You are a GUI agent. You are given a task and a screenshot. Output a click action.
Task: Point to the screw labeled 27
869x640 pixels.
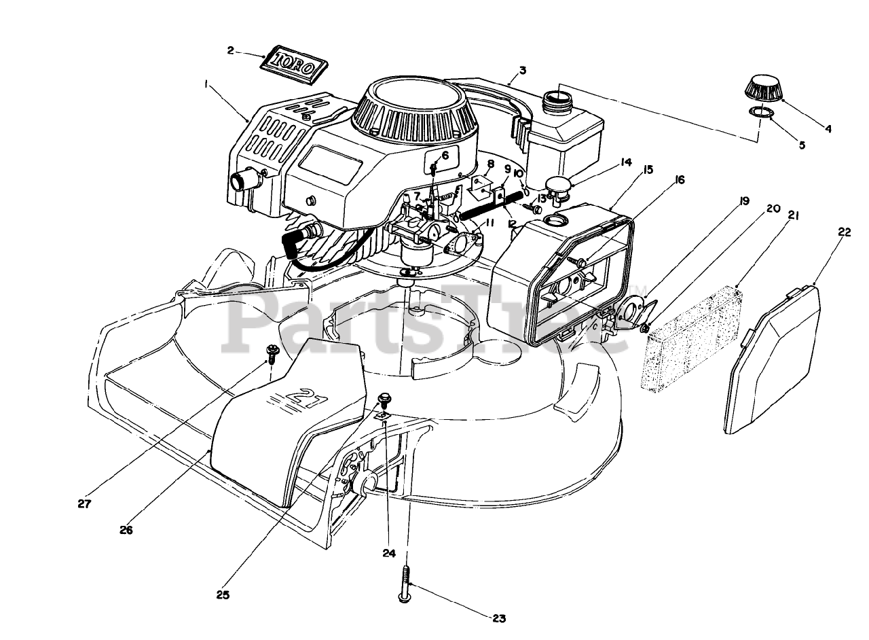click(x=272, y=351)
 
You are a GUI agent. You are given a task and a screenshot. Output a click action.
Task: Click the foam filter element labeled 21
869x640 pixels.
click(x=692, y=338)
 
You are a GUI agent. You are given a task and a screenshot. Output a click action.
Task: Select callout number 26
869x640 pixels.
click(x=126, y=529)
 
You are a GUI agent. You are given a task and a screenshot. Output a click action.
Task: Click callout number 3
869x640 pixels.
click(x=522, y=70)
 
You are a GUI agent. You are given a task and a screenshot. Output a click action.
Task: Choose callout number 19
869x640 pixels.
click(x=744, y=201)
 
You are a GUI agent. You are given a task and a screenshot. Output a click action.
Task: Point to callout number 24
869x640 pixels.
click(x=388, y=553)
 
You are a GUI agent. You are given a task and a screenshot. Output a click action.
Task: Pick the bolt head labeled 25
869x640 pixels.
click(x=384, y=398)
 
